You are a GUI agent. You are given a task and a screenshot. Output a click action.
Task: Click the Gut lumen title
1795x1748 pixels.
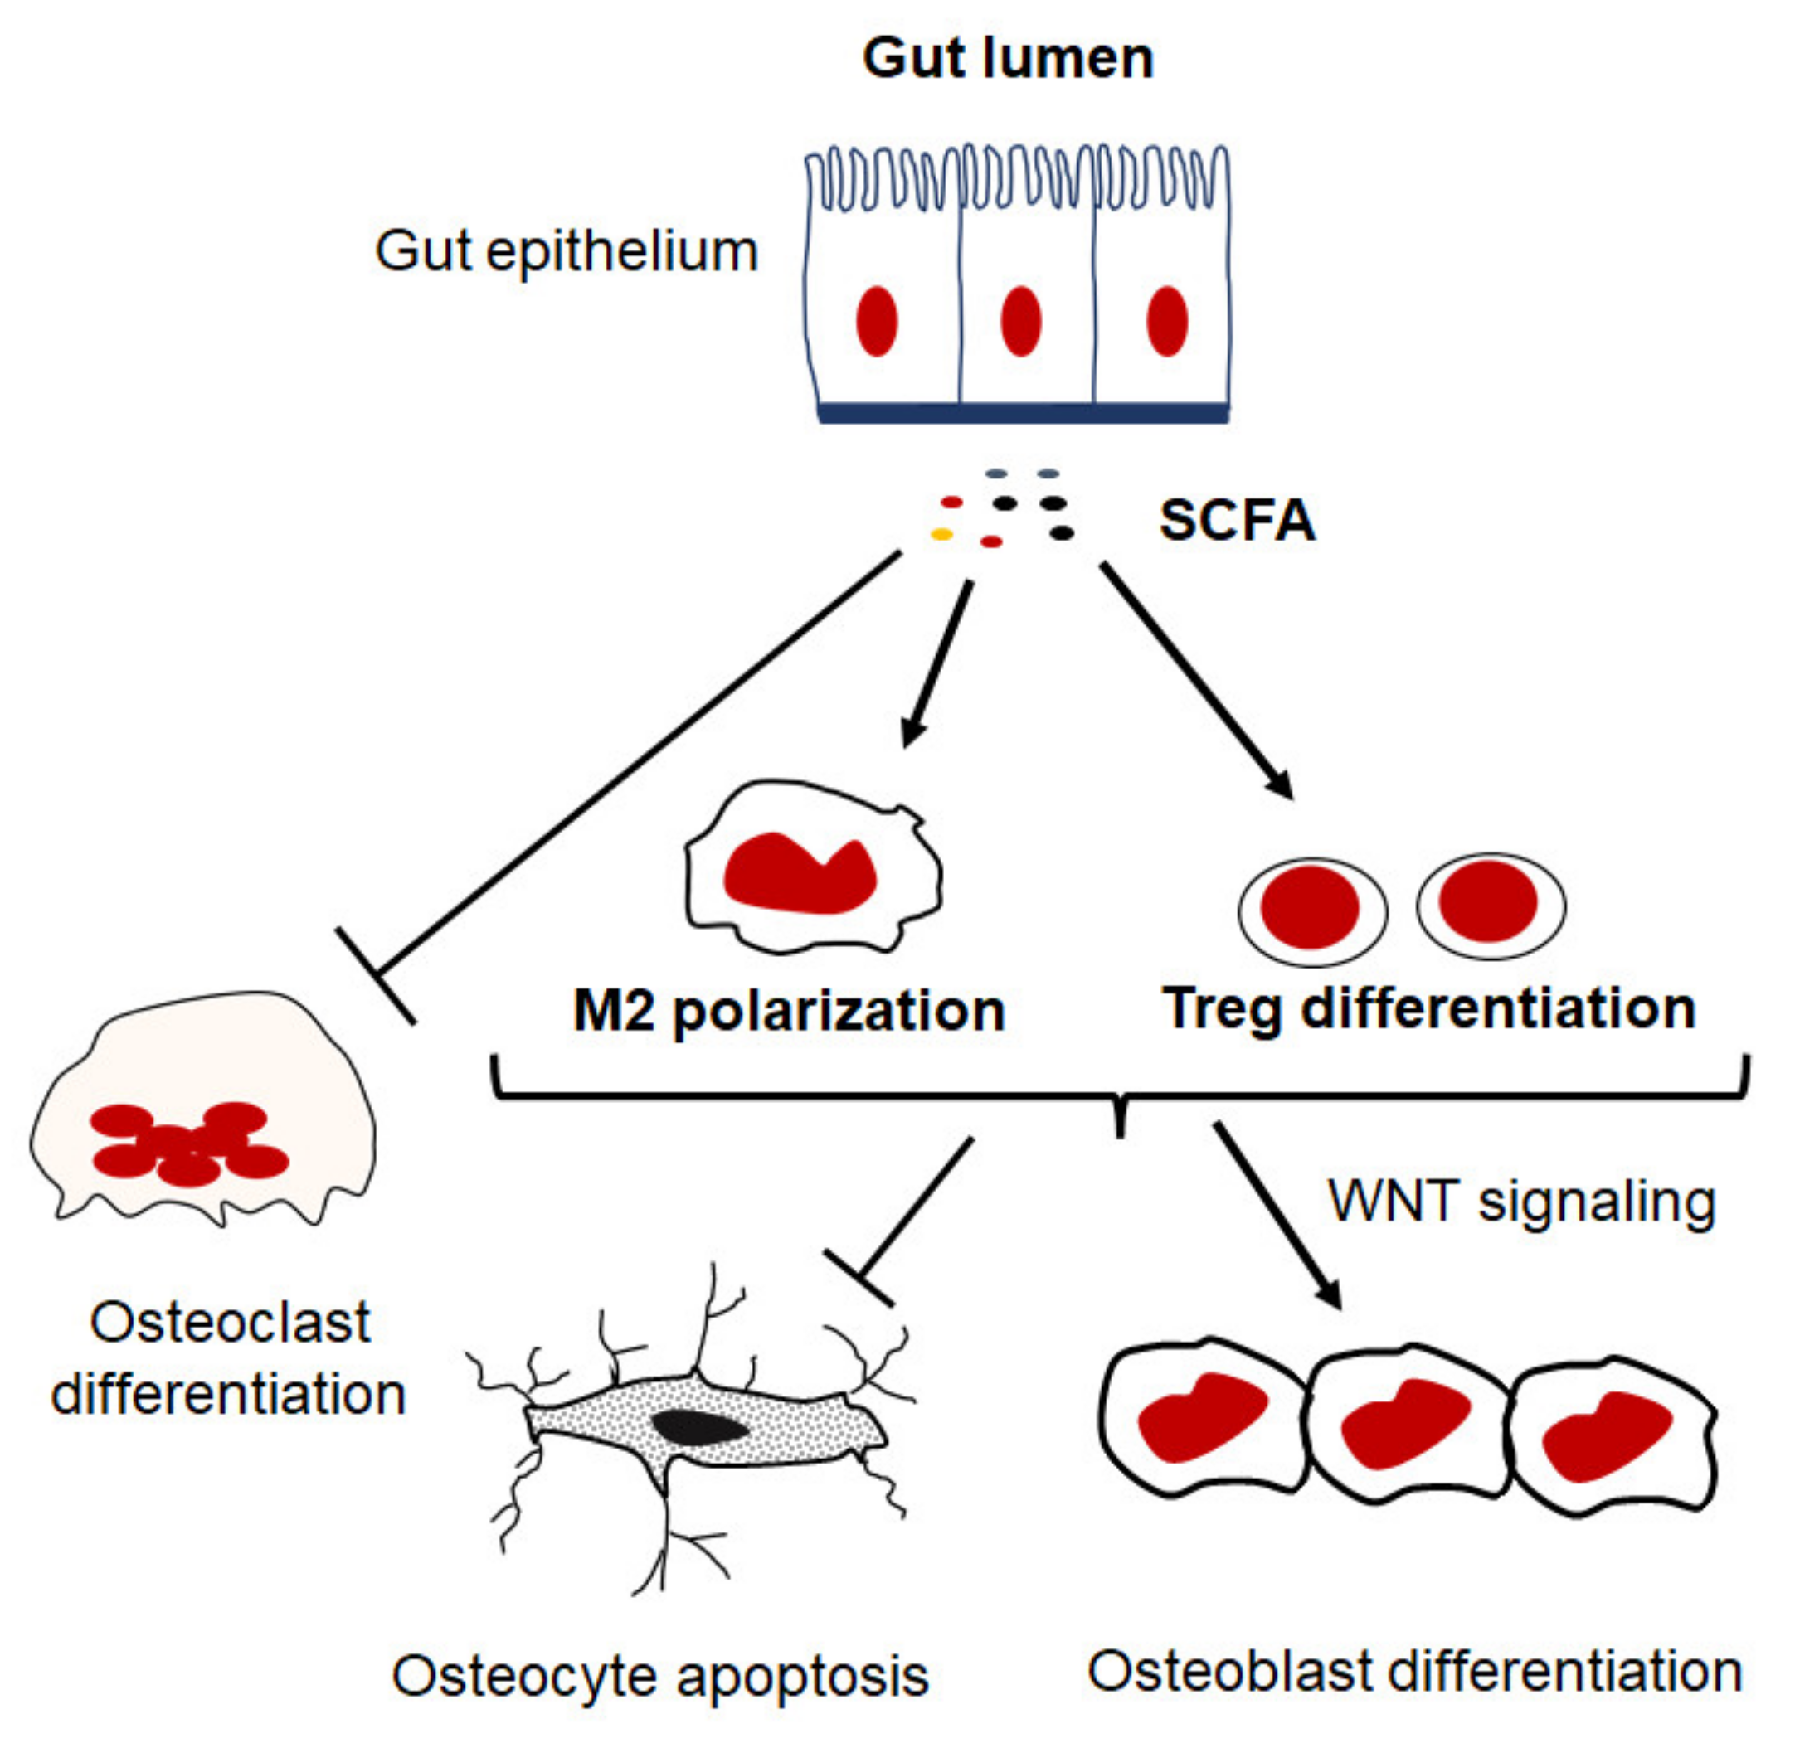tap(1007, 59)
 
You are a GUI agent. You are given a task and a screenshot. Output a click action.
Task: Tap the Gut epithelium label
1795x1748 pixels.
tap(567, 251)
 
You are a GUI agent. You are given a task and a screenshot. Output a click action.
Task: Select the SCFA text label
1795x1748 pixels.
tap(1237, 521)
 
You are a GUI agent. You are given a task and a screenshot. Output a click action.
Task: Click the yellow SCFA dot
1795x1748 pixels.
tap(942, 534)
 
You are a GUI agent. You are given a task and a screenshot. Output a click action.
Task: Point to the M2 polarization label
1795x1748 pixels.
tap(790, 1011)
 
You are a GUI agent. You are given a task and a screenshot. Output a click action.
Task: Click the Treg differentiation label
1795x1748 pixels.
tap(1428, 1009)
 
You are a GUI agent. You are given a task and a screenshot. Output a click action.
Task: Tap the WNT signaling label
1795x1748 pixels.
tap(1522, 1202)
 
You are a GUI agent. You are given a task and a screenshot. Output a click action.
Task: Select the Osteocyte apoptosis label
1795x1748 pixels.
tap(660, 1677)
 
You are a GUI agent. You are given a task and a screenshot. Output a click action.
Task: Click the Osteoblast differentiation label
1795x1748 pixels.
tap(1415, 1671)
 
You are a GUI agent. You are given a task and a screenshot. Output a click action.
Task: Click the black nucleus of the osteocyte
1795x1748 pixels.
tap(699, 1425)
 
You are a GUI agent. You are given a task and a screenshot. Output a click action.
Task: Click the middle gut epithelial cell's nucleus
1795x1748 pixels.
tap(1021, 322)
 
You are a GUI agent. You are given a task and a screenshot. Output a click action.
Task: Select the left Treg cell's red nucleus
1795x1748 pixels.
tap(1311, 907)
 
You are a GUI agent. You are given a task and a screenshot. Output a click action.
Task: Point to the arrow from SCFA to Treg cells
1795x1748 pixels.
tap(1197, 682)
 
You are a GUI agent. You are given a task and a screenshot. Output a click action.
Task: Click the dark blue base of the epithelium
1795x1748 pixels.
tap(1023, 413)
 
